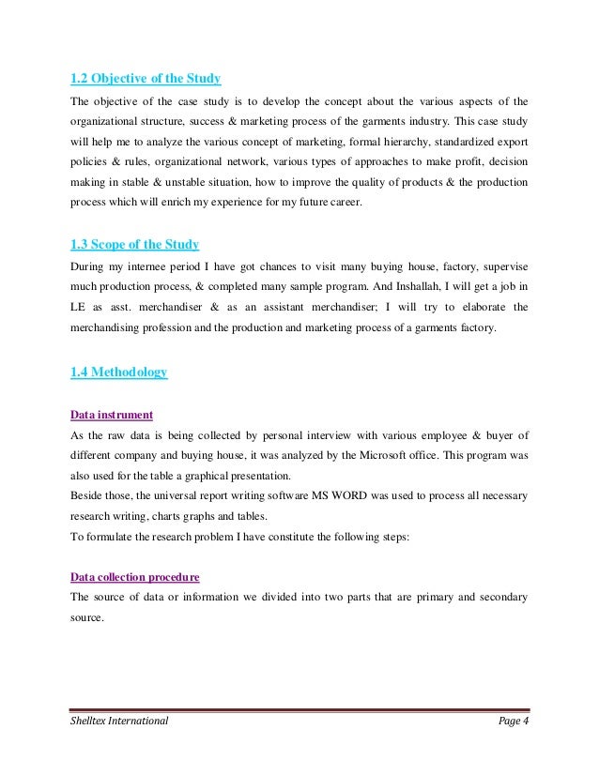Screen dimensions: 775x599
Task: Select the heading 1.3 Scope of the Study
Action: pos(135,246)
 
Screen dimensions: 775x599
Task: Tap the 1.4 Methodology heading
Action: pos(119,372)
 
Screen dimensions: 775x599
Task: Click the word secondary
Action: pos(501,572)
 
